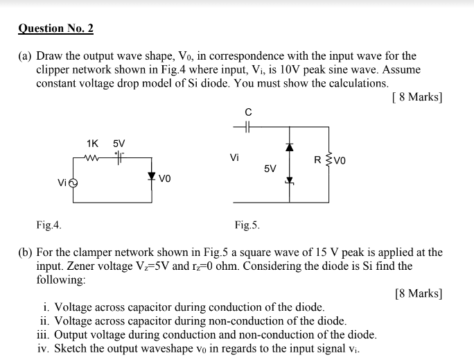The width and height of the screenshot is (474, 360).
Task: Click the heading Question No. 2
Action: [x=55, y=28]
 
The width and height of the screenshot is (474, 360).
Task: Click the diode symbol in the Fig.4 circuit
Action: [x=151, y=176]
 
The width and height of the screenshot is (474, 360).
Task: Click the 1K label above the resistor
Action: [x=93, y=144]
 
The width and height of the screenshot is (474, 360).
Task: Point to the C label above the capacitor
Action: [x=247, y=112]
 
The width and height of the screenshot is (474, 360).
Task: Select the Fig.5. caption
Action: [x=247, y=225]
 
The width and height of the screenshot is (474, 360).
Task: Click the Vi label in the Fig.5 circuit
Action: [x=234, y=157]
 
